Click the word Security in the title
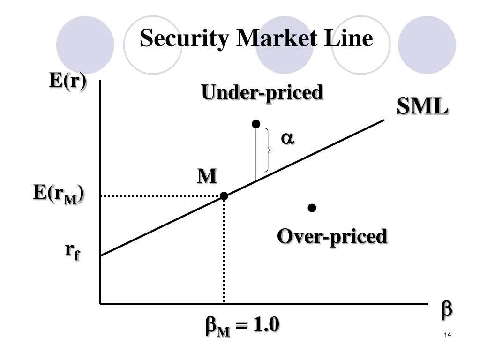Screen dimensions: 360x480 185,38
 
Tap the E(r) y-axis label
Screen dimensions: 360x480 68,81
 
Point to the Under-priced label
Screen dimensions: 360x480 262,92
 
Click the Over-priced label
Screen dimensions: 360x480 332,236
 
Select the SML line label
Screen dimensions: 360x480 422,107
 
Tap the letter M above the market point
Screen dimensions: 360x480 207,176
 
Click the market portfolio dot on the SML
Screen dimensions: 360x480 224,196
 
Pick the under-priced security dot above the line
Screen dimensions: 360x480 255,124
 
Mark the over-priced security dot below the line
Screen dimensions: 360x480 312,208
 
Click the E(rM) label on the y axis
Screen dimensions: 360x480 58,194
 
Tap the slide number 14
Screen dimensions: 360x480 447,335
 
